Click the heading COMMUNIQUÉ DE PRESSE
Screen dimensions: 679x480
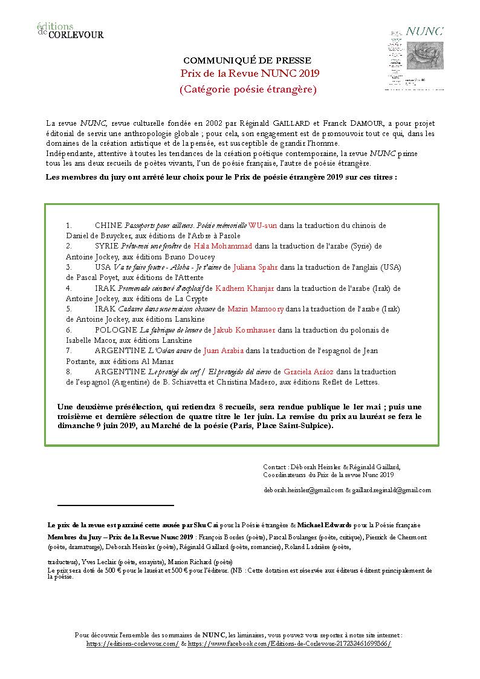click(x=247, y=60)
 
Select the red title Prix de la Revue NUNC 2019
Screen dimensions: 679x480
click(x=250, y=74)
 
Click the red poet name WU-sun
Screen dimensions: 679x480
click(x=263, y=226)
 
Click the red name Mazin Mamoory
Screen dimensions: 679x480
click(x=256, y=309)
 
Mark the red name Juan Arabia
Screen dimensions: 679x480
click(x=224, y=351)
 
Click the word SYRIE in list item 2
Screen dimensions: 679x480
click(x=107, y=246)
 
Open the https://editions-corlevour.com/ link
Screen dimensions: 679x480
click(x=132, y=644)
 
